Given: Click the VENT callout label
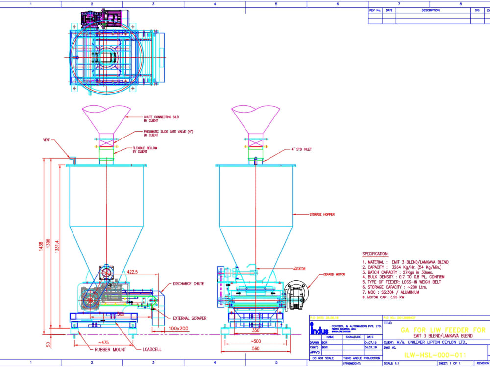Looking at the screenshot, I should pos(47,140).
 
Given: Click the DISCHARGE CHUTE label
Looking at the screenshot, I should pos(188,284).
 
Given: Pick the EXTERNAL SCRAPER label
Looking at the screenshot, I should pos(189,318).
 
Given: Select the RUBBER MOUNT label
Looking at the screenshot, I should pos(110,349).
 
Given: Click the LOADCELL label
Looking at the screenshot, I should pos(152,349).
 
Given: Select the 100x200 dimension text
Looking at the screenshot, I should pos(179,329).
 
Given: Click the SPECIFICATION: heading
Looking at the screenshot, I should pos(375,254).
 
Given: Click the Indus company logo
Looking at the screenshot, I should pos(320,329).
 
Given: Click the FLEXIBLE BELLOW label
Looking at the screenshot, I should pos(143,150).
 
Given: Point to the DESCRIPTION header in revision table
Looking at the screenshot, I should pos(431,10).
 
